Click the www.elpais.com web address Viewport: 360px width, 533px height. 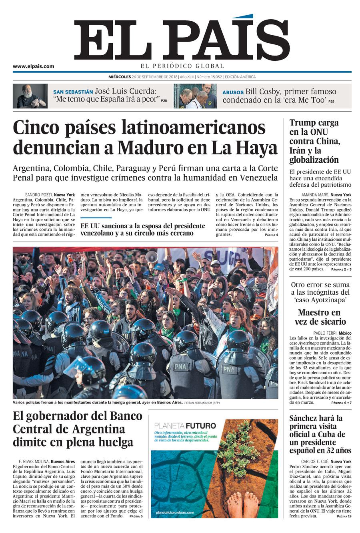click(x=33, y=66)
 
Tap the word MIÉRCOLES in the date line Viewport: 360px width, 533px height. click(x=120, y=77)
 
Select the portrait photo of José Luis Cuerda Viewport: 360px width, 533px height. click(x=30, y=96)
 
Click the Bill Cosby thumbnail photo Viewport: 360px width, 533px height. click(x=195, y=96)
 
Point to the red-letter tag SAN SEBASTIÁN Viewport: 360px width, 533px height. click(x=73, y=92)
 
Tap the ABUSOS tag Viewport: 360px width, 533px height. click(x=233, y=92)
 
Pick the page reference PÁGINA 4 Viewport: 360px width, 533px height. click(x=271, y=235)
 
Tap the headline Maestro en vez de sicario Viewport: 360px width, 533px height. click(x=319, y=317)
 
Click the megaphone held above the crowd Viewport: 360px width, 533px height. click(x=152, y=256)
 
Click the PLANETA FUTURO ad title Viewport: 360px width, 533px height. click(x=185, y=425)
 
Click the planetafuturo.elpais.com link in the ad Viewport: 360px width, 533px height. click(x=175, y=512)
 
